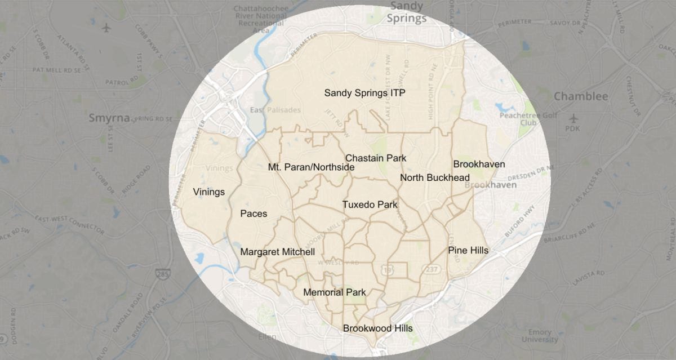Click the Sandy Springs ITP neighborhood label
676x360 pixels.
(364, 93)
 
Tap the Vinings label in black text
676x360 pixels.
(208, 192)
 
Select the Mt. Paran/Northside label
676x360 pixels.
(311, 167)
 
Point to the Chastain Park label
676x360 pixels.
(376, 158)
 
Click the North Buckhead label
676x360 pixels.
(434, 178)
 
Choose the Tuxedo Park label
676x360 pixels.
(370, 205)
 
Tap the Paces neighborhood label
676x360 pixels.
(253, 214)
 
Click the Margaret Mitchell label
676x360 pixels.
(277, 252)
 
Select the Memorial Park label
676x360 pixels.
(334, 292)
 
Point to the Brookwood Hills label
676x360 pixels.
(377, 328)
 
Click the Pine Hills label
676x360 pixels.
(468, 250)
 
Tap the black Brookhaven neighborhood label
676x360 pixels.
(479, 165)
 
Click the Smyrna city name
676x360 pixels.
(109, 118)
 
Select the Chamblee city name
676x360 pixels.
(581, 97)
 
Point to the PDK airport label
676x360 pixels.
(573, 128)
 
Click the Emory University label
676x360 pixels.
(539, 336)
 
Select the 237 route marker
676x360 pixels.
(433, 269)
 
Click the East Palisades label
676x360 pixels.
(276, 110)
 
